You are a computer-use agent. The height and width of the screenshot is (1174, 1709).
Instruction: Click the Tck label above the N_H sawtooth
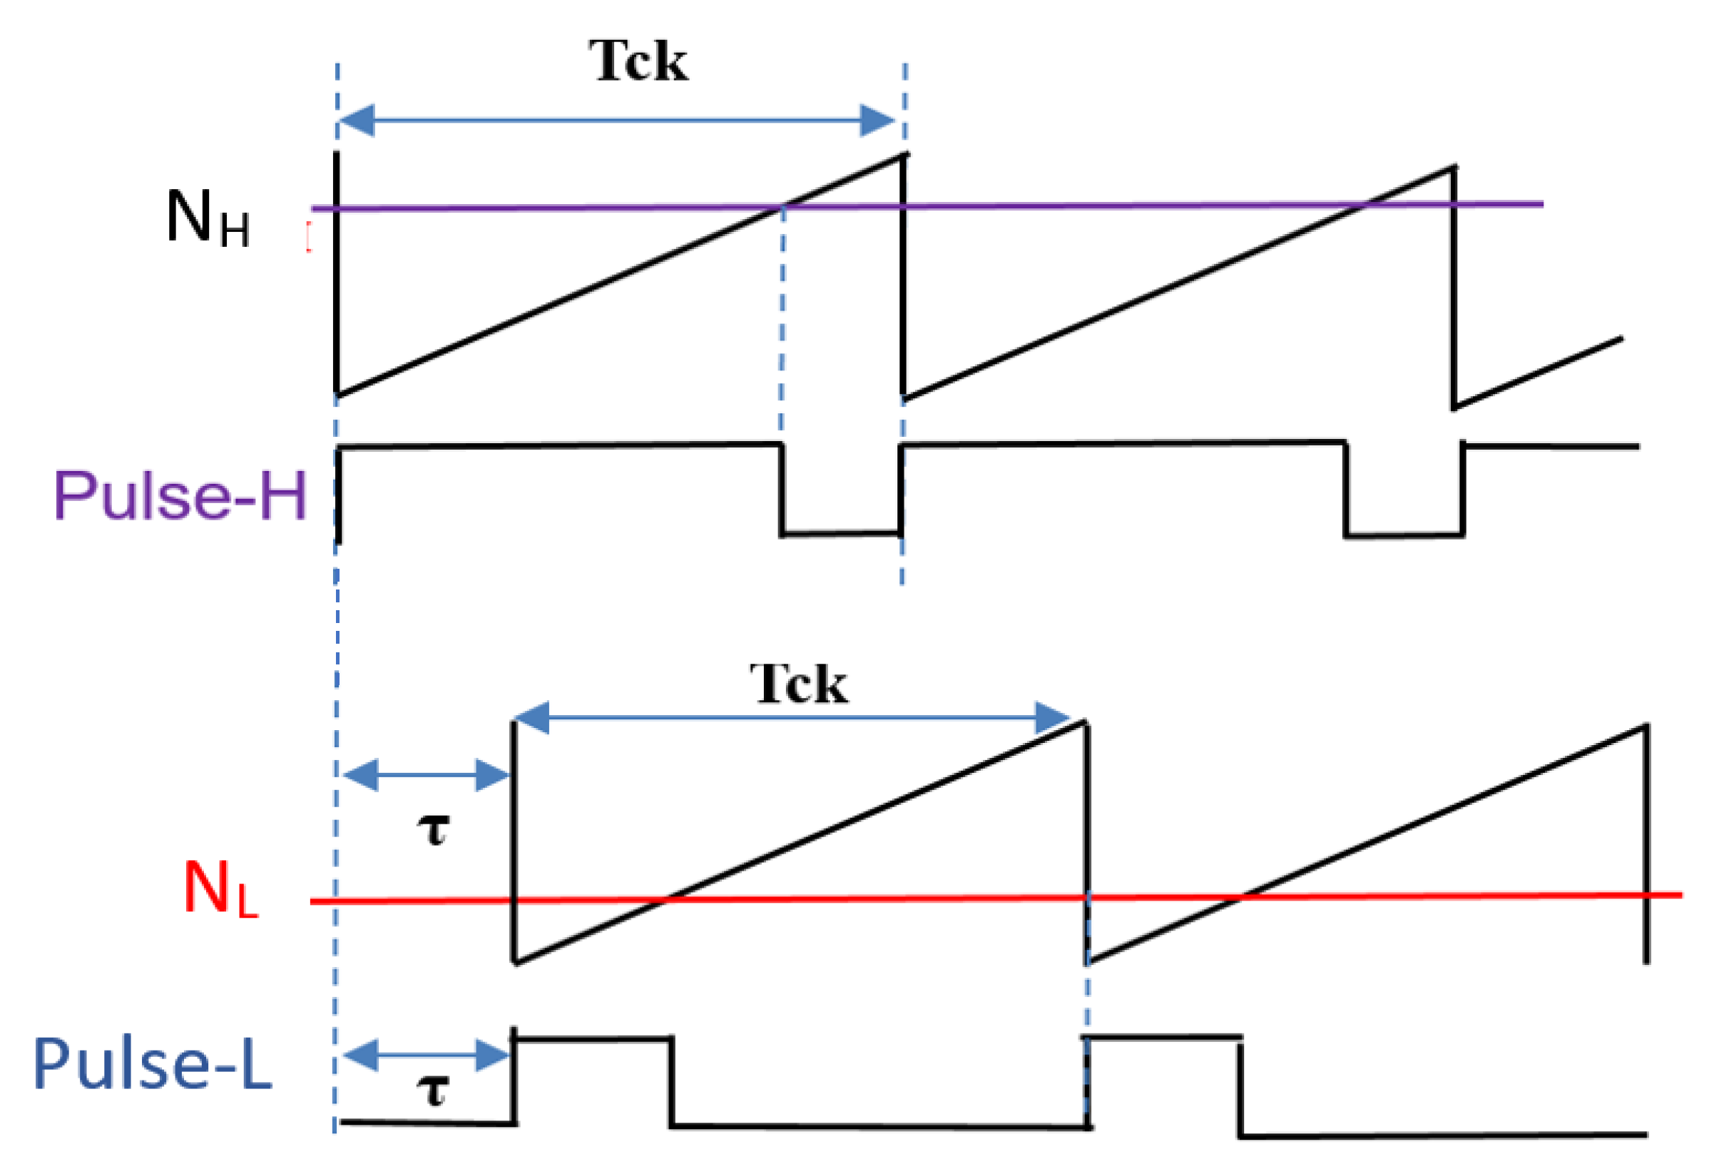click(x=638, y=61)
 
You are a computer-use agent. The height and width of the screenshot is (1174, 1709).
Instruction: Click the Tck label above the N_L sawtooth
click(x=799, y=684)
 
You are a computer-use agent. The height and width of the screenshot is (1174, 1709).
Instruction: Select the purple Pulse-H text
click(x=180, y=495)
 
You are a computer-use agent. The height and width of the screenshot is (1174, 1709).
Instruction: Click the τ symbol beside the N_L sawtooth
click(x=433, y=830)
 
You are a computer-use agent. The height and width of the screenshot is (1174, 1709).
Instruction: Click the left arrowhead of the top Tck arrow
click(x=357, y=121)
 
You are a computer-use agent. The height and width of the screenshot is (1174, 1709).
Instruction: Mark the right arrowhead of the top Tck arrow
click(x=878, y=121)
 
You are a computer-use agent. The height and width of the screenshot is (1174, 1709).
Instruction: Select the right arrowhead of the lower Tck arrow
click(x=1052, y=717)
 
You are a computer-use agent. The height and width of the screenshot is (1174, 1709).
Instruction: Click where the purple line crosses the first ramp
click(x=782, y=207)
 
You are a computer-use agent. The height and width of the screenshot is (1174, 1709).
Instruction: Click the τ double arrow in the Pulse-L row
click(x=427, y=1056)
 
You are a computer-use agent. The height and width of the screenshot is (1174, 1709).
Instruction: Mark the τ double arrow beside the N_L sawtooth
click(x=427, y=775)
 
